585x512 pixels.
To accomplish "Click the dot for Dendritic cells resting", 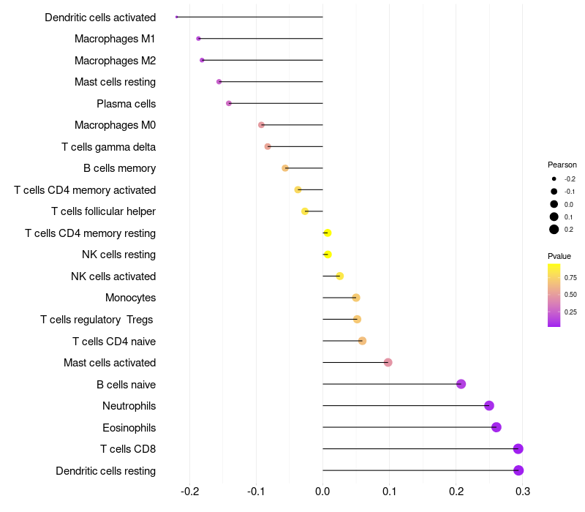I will point(518,470).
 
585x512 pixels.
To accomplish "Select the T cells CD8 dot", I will point(518,449).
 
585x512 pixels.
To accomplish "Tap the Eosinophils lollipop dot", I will point(497,427).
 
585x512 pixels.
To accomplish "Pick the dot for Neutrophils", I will point(489,406).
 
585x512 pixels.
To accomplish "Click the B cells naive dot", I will point(461,384).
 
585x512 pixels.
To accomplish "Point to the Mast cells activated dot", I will point(388,363).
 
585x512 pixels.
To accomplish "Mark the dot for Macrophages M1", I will point(198,38).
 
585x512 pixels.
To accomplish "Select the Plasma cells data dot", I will point(229,103).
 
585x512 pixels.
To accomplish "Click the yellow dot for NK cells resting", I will point(328,255).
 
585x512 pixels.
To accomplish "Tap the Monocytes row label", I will point(130,298).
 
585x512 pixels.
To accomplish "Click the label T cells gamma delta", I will point(108,146).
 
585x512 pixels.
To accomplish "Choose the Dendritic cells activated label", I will point(100,17).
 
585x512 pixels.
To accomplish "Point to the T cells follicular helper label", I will point(103,211).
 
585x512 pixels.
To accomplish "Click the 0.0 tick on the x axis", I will point(322,491).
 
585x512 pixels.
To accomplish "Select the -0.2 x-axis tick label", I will point(189,491).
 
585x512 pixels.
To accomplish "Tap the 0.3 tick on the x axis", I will point(522,491).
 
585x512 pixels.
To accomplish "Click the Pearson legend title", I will point(562,165).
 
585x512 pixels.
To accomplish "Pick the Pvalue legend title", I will point(559,256).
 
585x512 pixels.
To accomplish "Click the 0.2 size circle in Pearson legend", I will point(554,229).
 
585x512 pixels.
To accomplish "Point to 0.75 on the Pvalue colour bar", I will point(554,277).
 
